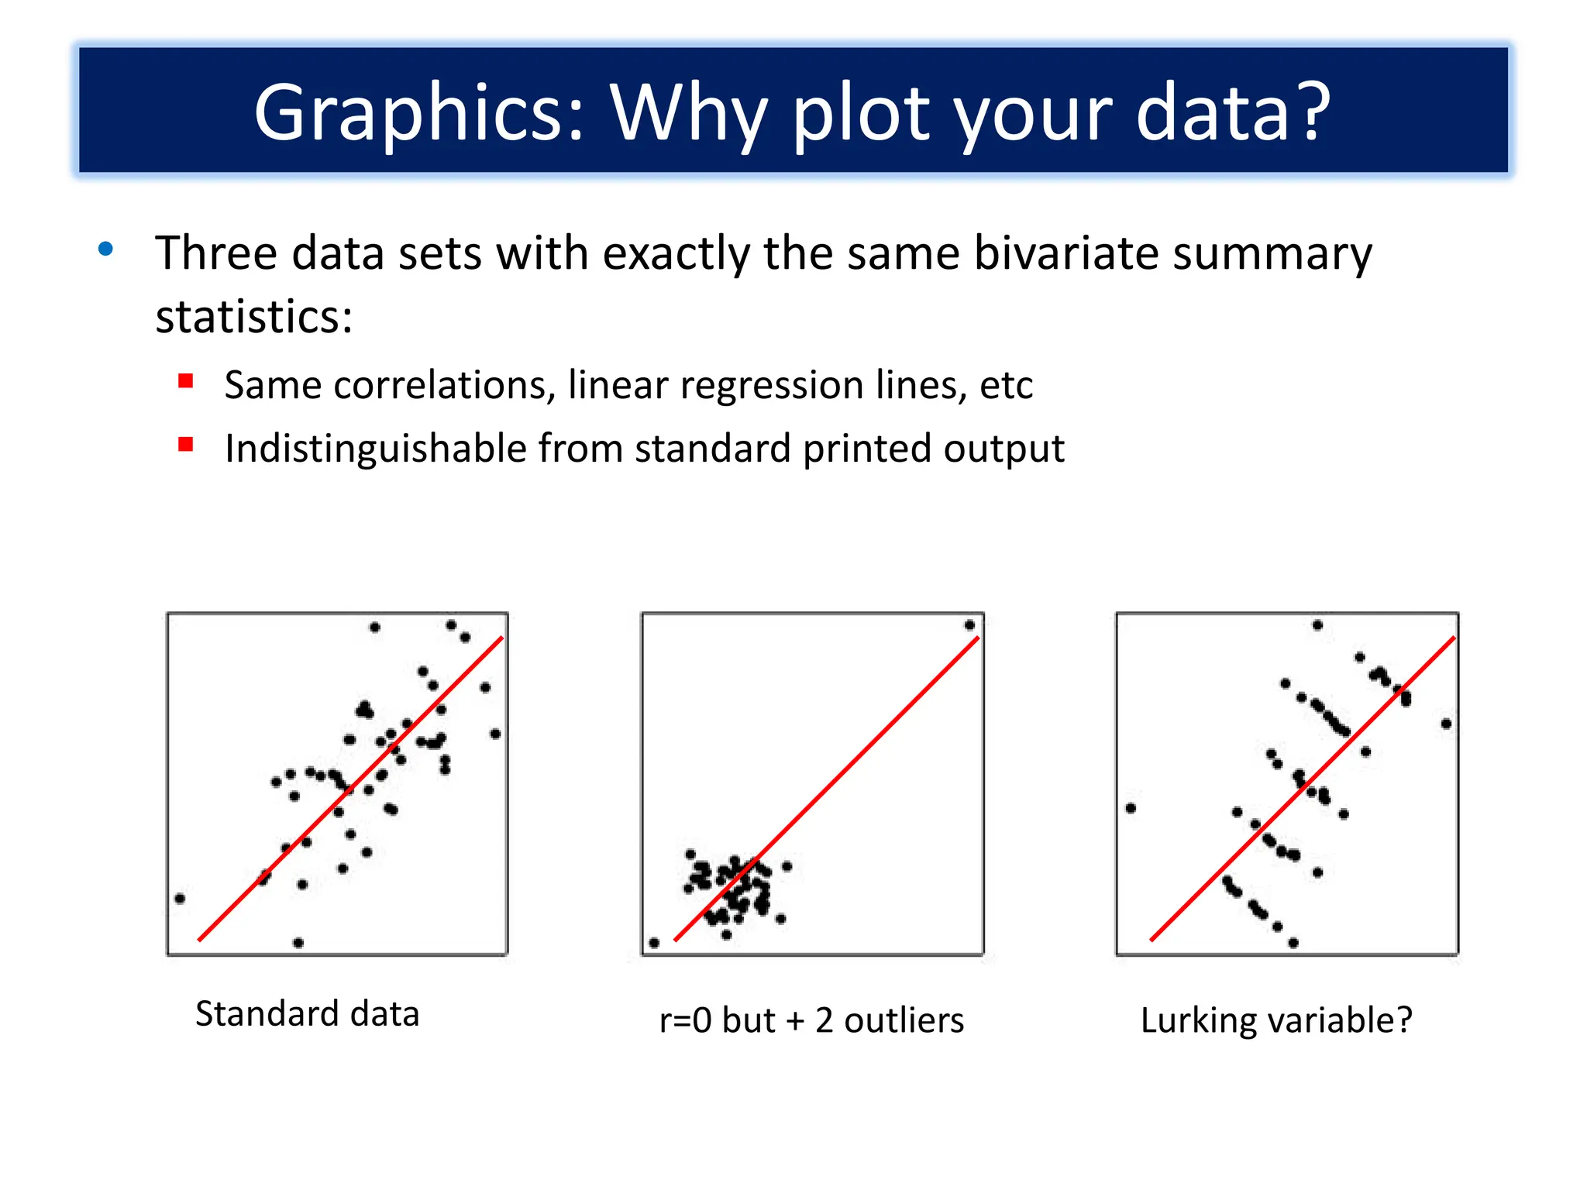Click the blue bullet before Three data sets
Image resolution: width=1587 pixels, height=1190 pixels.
[x=106, y=249]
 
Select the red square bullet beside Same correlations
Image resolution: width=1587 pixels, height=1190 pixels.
[x=185, y=380]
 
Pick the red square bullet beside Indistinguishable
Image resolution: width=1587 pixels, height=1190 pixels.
[x=185, y=444]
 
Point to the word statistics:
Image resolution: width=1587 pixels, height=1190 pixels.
[x=254, y=317]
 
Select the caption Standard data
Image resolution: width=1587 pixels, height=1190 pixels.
[x=307, y=1013]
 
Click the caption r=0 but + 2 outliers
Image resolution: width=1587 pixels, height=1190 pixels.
[x=811, y=1020]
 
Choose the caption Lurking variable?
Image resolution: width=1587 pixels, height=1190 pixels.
[x=1276, y=1020]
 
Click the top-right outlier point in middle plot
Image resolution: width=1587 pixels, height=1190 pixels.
[x=969, y=625]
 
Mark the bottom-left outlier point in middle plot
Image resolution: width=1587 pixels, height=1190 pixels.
[x=654, y=943]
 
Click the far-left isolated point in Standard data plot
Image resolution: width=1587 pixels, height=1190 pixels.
[x=180, y=899]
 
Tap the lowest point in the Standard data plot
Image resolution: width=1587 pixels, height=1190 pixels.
[x=298, y=943]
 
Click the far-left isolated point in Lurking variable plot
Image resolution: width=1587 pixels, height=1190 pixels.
[x=1131, y=808]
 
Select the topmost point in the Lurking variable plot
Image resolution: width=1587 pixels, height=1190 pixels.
[x=1317, y=625]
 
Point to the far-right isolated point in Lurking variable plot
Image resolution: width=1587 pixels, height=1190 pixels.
[x=1446, y=724]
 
